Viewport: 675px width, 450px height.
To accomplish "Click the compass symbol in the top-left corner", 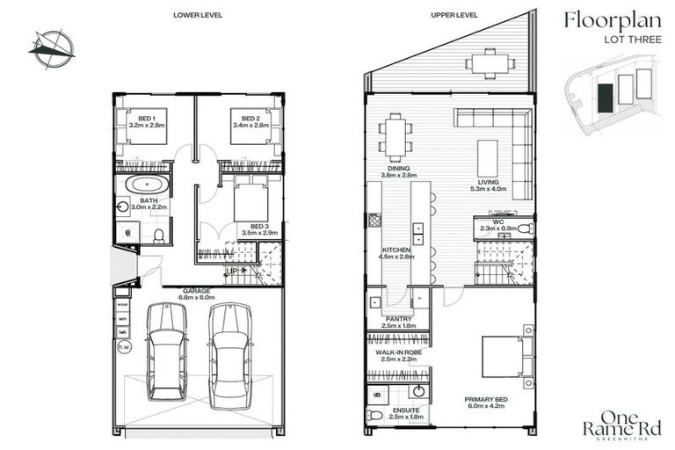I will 51,46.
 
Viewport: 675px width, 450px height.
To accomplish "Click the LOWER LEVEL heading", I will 198,15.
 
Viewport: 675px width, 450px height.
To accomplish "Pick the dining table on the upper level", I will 396,138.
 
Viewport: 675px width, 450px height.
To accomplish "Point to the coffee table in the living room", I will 489,157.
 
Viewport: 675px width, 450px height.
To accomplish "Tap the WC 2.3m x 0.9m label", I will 497,225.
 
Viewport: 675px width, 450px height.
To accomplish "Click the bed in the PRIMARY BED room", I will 505,352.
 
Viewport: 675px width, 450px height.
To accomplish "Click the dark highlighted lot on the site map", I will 606,96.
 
